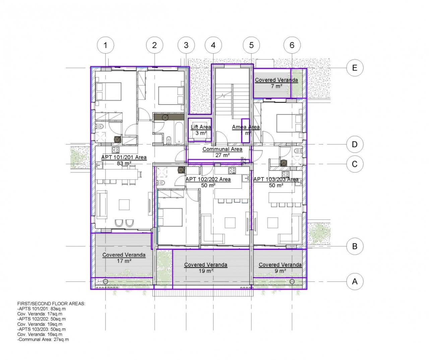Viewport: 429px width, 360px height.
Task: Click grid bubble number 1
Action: (x=106, y=45)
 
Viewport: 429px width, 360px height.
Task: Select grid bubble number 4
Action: (x=213, y=45)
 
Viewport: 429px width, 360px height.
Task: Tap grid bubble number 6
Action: (x=292, y=45)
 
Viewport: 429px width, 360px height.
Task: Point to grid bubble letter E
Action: (x=355, y=68)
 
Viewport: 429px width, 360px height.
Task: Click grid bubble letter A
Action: (x=355, y=281)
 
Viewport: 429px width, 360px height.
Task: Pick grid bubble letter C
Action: (x=355, y=164)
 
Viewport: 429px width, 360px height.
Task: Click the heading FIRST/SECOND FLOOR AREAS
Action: (x=51, y=303)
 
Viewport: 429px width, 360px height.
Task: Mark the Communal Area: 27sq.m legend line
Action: (x=43, y=340)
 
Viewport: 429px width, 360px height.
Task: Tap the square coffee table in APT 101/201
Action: (x=124, y=204)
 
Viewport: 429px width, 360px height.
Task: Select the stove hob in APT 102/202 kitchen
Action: (x=232, y=171)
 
